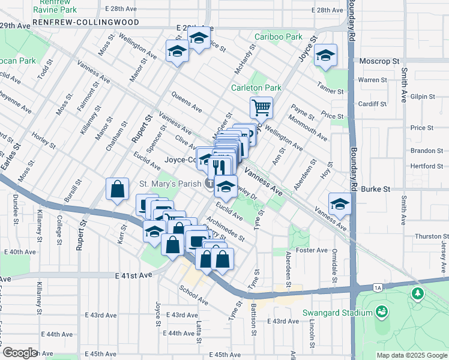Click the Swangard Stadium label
coord(337,313)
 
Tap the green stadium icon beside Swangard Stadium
coord(381,312)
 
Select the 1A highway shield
coord(377,288)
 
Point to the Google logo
coord(20,353)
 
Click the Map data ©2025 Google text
coord(411,355)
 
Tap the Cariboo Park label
coord(278,37)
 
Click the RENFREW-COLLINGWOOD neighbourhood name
coord(86,22)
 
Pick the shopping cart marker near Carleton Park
coord(261,109)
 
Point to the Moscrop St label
coord(379,61)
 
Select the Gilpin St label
coord(423,96)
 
